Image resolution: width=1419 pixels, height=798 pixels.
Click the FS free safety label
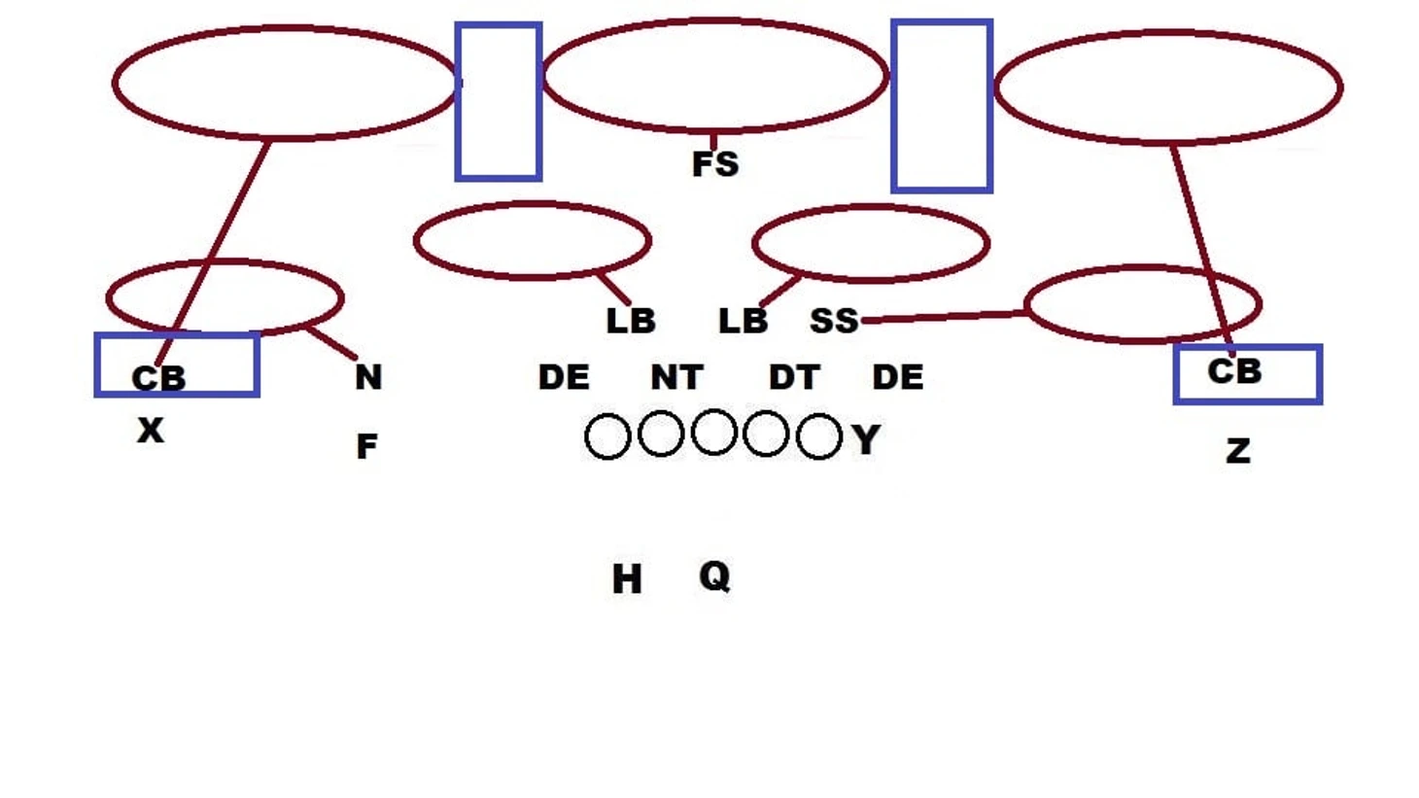click(715, 164)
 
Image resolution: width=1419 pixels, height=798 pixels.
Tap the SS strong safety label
click(834, 321)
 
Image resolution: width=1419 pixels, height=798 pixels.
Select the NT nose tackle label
click(676, 377)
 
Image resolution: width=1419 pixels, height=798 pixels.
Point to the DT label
click(794, 377)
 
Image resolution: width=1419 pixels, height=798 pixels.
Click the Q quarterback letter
click(714, 576)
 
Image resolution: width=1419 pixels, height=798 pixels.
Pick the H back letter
click(627, 579)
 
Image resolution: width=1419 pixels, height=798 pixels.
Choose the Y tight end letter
click(866, 439)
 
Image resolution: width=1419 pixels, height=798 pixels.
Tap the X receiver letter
click(151, 431)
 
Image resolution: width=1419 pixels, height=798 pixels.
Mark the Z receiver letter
click(1238, 452)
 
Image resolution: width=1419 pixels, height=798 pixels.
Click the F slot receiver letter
click(366, 446)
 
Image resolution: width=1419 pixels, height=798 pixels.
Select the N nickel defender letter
click(368, 377)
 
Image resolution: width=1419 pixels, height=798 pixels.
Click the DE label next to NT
click(564, 377)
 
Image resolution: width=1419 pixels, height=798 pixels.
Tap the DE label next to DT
click(898, 377)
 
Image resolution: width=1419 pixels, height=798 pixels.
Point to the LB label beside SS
click(744, 321)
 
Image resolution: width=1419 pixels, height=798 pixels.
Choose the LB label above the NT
click(631, 321)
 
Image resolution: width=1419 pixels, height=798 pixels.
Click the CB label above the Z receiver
click(1234, 371)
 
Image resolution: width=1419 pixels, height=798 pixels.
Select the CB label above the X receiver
click(159, 379)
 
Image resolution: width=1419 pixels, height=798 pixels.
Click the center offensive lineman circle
click(714, 433)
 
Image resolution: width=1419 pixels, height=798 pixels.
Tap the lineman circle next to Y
click(819, 436)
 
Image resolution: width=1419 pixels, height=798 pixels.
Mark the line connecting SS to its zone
click(944, 317)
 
